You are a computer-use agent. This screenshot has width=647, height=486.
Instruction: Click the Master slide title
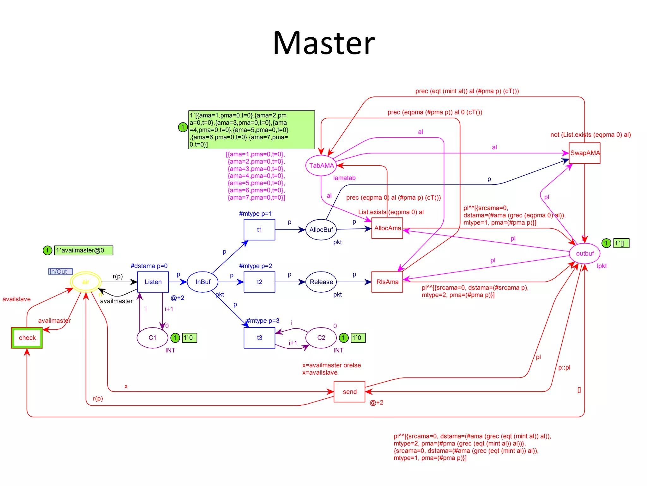[323, 43]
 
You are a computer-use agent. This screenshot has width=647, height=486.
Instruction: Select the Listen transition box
[153, 282]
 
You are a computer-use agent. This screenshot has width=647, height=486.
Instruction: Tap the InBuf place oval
[203, 282]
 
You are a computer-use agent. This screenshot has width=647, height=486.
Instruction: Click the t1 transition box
[259, 230]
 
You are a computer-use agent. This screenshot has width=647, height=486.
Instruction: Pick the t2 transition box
[259, 282]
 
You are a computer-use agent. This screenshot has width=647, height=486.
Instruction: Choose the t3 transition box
[259, 338]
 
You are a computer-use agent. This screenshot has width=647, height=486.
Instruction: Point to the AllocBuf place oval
[321, 230]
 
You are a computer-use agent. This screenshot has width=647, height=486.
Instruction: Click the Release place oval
[321, 282]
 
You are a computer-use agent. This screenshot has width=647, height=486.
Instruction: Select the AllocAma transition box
[387, 228]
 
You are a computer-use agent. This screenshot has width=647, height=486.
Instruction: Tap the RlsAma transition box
[387, 282]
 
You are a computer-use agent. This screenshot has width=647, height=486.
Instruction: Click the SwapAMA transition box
[584, 153]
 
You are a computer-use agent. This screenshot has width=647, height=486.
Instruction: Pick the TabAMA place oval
[321, 165]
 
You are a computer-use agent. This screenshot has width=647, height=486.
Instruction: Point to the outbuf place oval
[584, 253]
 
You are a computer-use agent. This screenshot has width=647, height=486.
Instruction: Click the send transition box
[349, 392]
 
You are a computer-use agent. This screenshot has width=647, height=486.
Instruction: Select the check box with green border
[27, 338]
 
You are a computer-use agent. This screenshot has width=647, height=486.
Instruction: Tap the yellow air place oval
[86, 282]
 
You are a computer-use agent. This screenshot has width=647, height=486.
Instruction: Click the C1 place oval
[152, 338]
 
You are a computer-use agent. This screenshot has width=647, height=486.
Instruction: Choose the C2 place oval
[321, 338]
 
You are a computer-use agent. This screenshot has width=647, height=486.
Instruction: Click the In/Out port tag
[60, 271]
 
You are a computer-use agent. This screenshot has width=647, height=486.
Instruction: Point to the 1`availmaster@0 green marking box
[84, 250]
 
